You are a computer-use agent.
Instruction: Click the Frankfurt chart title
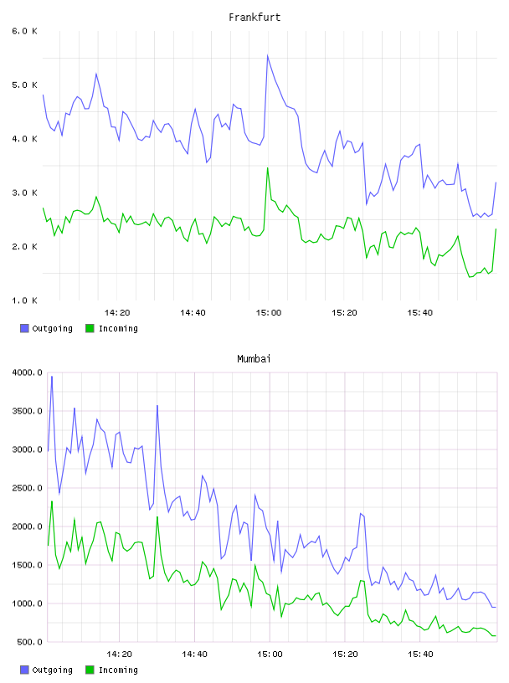point(254,18)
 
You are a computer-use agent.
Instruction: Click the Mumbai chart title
point(254,359)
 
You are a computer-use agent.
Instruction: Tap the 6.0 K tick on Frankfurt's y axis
point(25,31)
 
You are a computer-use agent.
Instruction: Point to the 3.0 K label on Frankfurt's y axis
point(25,193)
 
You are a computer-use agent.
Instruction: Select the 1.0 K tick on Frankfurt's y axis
point(25,300)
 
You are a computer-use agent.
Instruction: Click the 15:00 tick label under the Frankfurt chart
point(269,313)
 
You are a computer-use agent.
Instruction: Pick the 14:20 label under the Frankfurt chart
point(117,313)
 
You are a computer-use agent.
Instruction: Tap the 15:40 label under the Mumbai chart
point(420,655)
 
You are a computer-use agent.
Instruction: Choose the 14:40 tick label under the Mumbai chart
point(194,655)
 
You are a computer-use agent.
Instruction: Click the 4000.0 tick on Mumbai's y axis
point(28,372)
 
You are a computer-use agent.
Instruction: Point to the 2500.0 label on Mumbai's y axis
point(28,488)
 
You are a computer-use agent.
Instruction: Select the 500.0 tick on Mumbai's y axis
point(29,642)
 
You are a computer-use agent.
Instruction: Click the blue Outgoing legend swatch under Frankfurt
point(24,328)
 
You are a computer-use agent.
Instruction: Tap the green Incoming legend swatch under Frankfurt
point(90,328)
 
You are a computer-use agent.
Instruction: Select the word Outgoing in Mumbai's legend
point(52,670)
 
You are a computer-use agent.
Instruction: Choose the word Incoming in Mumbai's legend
point(118,670)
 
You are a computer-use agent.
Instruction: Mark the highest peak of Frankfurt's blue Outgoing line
point(268,55)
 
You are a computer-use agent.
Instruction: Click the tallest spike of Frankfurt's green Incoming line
point(268,167)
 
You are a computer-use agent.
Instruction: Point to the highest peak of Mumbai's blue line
point(52,377)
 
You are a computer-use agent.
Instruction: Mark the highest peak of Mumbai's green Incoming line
point(52,501)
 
